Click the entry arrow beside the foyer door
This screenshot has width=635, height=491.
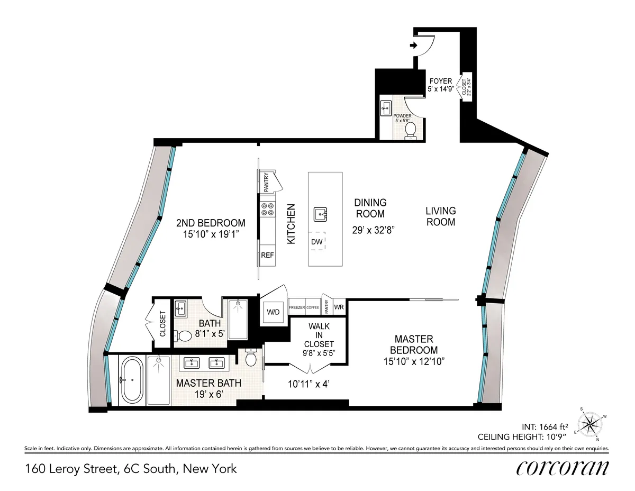point(413,46)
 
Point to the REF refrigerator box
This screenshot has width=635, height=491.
point(268,255)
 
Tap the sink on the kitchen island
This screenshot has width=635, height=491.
point(320,214)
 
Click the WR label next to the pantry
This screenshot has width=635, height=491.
point(339,307)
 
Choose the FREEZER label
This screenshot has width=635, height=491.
point(296,307)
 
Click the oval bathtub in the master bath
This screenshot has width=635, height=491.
point(131,380)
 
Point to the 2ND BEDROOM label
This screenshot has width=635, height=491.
point(211,223)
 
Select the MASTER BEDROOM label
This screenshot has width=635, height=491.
point(413,344)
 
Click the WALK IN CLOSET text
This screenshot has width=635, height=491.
point(319,335)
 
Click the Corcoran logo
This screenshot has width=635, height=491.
point(562,468)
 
